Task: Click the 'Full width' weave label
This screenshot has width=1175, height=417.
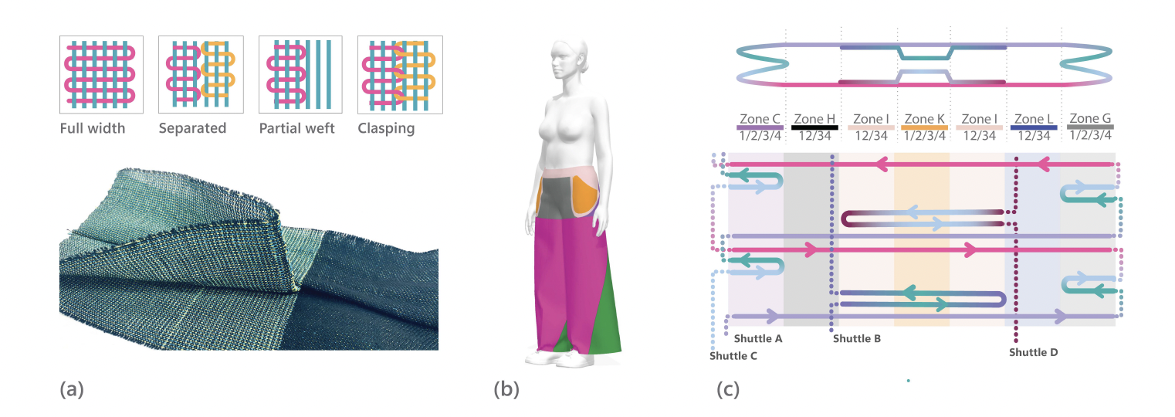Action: pyautogui.click(x=93, y=128)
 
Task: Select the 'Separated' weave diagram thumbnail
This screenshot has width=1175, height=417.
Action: pyautogui.click(x=201, y=74)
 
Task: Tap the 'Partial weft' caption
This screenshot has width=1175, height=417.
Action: pyautogui.click(x=297, y=128)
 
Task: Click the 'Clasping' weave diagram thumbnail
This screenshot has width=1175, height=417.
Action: pyautogui.click(x=400, y=74)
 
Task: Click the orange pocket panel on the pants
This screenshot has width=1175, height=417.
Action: pyautogui.click(x=585, y=195)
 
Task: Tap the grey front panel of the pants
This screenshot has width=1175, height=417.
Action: pyautogui.click(x=556, y=198)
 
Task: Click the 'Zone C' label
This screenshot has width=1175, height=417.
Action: pyautogui.click(x=760, y=119)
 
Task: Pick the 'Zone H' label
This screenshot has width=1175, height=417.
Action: pyautogui.click(x=814, y=119)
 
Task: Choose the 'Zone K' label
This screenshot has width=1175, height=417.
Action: pyautogui.click(x=924, y=119)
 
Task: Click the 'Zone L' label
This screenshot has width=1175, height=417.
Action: pyautogui.click(x=1034, y=119)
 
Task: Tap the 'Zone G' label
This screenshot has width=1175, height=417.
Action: pyautogui.click(x=1090, y=118)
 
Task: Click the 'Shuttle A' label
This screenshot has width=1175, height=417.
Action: pyautogui.click(x=758, y=339)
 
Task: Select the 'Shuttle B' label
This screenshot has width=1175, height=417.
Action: pyautogui.click(x=857, y=339)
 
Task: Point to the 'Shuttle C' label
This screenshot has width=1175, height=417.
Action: pyautogui.click(x=733, y=356)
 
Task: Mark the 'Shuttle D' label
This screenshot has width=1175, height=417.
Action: pyautogui.click(x=1034, y=352)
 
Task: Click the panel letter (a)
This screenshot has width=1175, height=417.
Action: pyautogui.click(x=72, y=390)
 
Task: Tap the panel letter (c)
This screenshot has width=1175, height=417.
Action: pyautogui.click(x=728, y=390)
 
